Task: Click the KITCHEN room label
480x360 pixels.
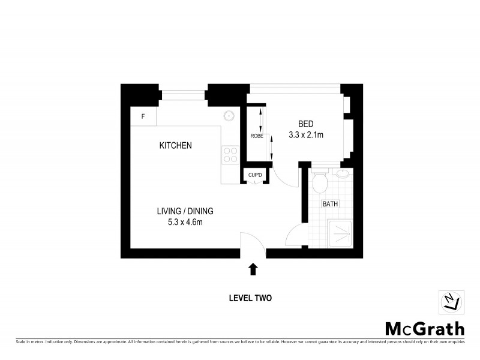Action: click(175, 146)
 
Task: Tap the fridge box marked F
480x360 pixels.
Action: click(143, 116)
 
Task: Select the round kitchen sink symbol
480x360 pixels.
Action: click(229, 117)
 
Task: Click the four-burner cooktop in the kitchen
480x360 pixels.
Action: click(230, 155)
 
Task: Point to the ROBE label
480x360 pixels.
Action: click(257, 136)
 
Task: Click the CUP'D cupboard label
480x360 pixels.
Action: click(256, 175)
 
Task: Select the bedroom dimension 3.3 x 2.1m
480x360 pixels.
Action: click(306, 135)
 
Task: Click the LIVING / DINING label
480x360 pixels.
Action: click(185, 211)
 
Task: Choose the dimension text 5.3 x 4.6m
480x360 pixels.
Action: click(185, 223)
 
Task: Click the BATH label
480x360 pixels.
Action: click(330, 204)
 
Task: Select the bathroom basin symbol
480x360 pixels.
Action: click(342, 175)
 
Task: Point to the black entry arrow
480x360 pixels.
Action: click(253, 269)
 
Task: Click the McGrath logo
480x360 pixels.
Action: click(424, 329)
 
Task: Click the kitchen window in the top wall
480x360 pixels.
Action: click(183, 92)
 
